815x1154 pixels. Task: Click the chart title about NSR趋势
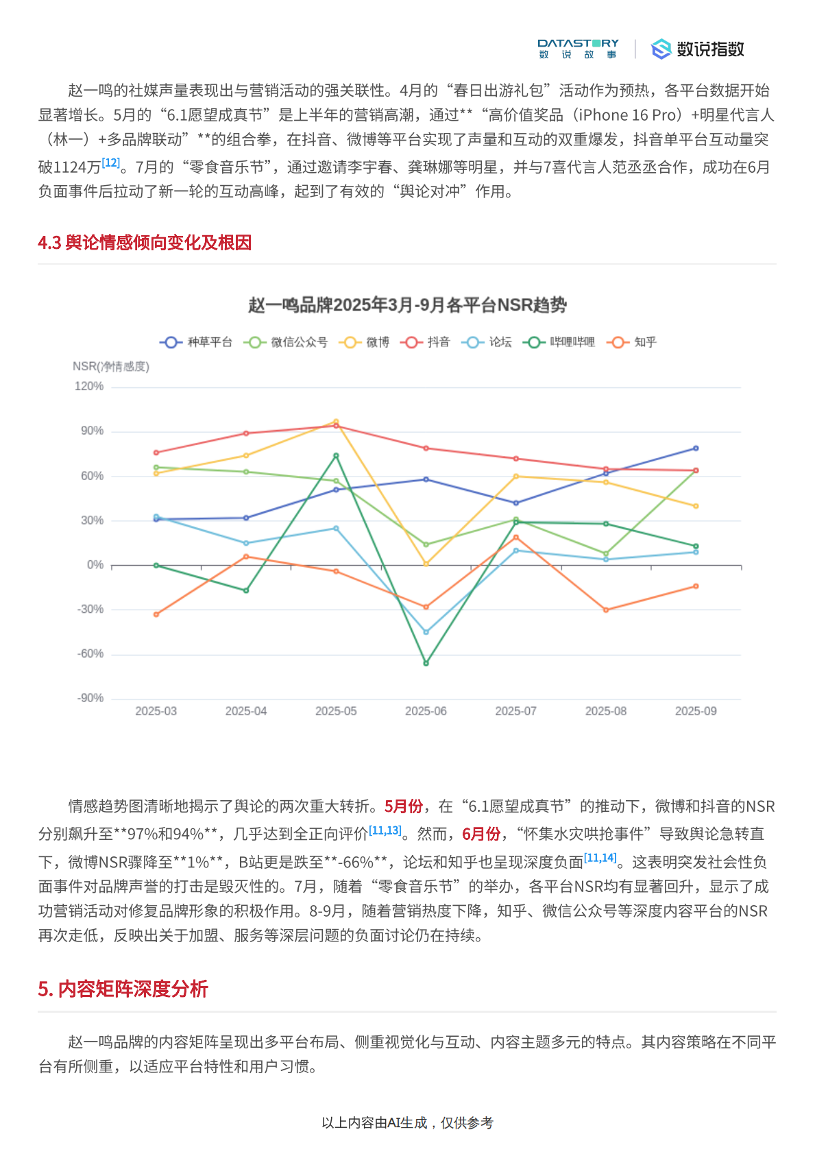pos(407,305)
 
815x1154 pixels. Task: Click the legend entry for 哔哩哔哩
pos(559,342)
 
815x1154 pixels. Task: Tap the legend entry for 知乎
pos(632,342)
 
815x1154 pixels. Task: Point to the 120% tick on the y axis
pos(89,387)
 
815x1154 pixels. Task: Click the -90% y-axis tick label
pos(90,698)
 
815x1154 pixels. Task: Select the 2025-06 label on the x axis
pos(426,711)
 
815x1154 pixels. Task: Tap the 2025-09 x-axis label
pos(696,711)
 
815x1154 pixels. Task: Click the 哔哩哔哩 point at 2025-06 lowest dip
pos(426,663)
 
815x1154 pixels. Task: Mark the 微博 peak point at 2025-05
pos(336,422)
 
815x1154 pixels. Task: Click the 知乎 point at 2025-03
pos(156,614)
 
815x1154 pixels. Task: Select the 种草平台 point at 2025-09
pos(696,448)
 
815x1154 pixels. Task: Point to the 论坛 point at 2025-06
pos(426,632)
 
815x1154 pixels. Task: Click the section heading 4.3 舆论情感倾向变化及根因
pos(145,243)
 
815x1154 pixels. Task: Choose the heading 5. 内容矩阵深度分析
pos(123,989)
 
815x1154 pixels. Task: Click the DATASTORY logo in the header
pos(578,49)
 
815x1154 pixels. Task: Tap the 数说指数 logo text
pos(710,49)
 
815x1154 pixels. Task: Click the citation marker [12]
pos(110,163)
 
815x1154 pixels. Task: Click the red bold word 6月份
pos(481,834)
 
